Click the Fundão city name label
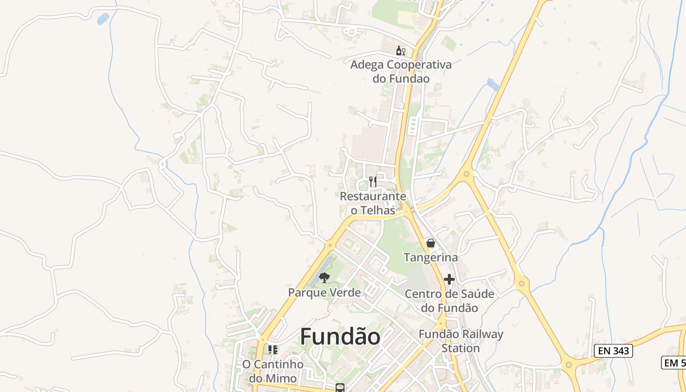pos(340,337)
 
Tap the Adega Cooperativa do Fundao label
pos(401,72)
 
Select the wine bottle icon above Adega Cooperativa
pos(400,50)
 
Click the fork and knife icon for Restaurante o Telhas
pos(373,182)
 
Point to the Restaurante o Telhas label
pos(373,203)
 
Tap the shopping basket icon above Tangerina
pos(430,243)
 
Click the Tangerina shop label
pos(430,257)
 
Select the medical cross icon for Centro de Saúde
pos(449,279)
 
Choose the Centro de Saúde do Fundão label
pos(449,301)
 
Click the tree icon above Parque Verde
pos(324,278)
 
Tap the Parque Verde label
pos(324,293)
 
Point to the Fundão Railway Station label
pos(461,341)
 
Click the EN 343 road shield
pos(613,350)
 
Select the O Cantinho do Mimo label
pos(272,371)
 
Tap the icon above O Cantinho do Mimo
pos(273,350)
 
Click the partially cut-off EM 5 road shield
pos(674,363)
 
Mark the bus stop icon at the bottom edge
pos(340,388)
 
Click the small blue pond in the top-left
pos(103,19)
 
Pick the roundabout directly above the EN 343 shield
pos(521,282)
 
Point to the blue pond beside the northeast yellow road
pos(493,84)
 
